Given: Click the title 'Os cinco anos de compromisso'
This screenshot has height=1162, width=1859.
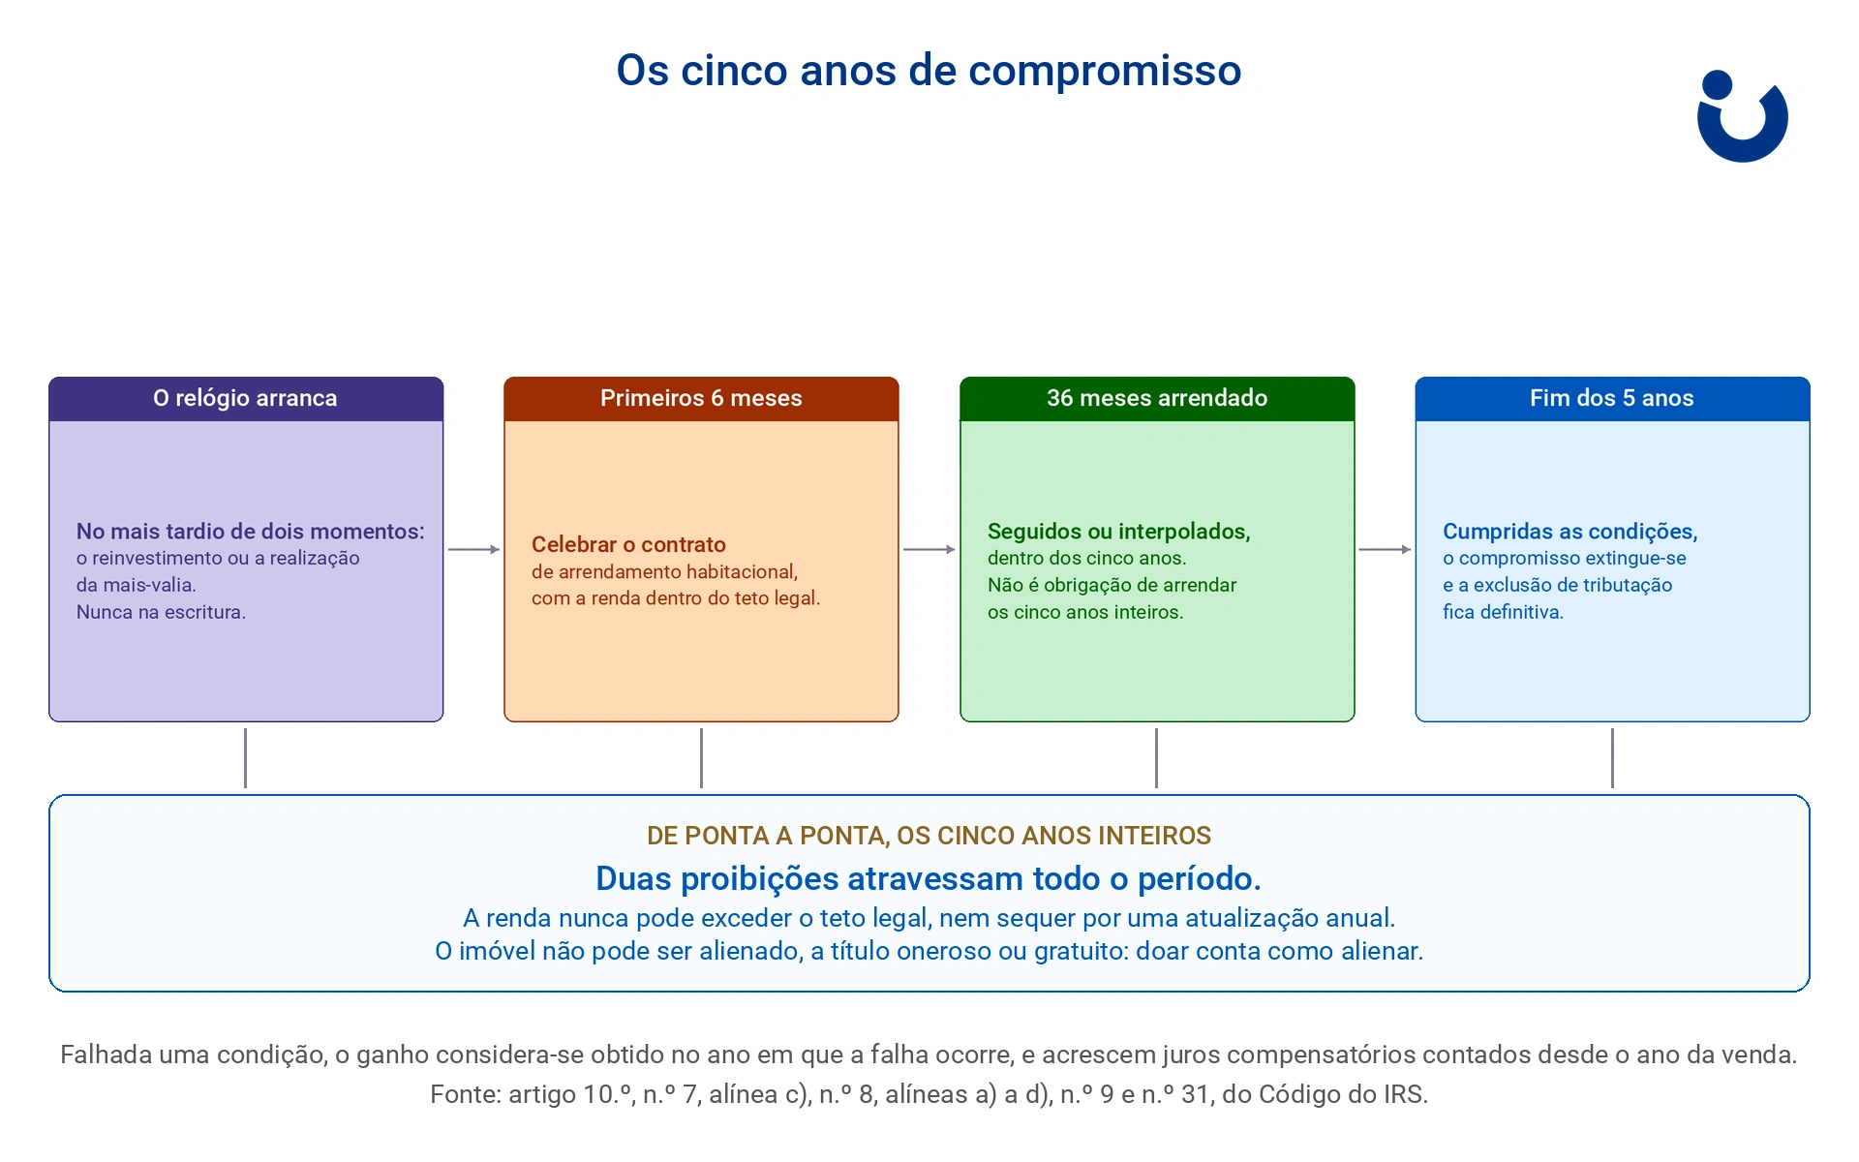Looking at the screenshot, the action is (929, 71).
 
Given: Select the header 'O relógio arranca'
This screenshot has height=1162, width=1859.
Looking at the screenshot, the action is (245, 398).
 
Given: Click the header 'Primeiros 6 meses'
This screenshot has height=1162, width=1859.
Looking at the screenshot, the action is (701, 398).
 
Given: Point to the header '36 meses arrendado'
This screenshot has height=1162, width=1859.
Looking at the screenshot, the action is (1157, 398).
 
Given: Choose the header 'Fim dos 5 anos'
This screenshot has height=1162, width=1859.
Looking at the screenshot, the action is (1612, 398).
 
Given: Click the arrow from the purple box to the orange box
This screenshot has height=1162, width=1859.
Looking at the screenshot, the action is (473, 549).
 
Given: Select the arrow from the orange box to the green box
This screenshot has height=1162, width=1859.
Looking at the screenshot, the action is (929, 549).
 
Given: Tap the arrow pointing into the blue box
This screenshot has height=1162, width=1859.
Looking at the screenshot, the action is (1385, 549).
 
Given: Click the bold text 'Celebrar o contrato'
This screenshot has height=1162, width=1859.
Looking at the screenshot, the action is (628, 544).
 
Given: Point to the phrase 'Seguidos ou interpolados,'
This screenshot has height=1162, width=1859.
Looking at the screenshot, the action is (1118, 531).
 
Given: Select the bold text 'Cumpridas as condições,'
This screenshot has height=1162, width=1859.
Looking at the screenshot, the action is (1569, 531).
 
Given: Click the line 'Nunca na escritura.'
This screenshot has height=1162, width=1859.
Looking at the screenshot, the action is (161, 612).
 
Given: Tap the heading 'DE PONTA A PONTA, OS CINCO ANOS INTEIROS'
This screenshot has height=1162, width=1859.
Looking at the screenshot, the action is (929, 836).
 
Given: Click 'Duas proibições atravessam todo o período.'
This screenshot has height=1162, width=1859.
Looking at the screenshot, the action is (929, 878).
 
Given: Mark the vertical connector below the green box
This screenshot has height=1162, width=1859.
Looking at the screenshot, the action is (1156, 758).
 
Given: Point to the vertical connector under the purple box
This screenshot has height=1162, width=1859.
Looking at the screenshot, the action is (245, 758).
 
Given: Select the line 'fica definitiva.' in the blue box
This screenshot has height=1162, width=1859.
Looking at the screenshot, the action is (1503, 612).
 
